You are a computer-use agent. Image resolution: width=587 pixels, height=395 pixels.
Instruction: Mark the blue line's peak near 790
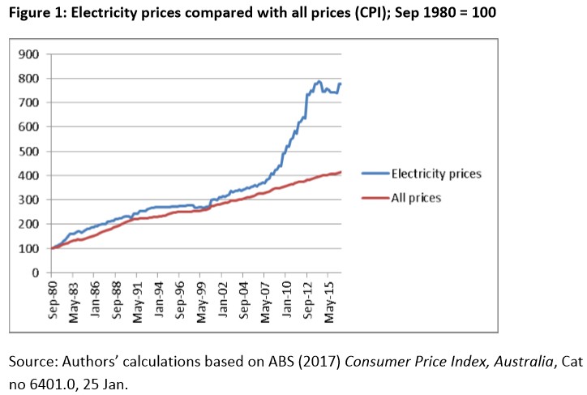tap(319, 81)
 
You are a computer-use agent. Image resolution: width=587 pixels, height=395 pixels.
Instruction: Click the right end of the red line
tap(341, 172)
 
